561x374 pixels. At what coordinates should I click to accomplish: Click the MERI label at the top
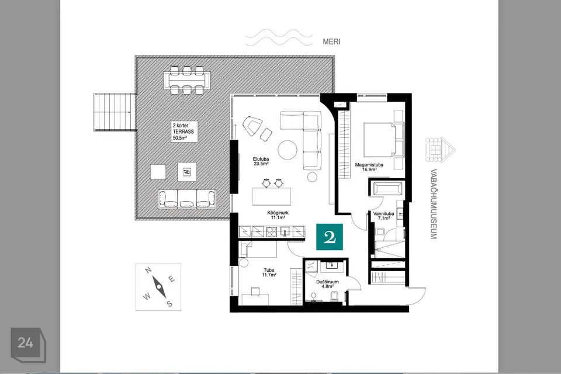[331, 41]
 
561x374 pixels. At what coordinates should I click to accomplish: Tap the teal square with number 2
[330, 237]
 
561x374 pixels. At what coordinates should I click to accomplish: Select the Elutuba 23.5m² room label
[261, 161]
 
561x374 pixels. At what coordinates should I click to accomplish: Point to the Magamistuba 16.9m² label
[369, 167]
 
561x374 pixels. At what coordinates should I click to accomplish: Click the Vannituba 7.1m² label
[383, 216]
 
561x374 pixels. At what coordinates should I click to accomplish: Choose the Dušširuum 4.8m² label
[327, 284]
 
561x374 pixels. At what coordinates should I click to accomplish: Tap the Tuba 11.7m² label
[269, 273]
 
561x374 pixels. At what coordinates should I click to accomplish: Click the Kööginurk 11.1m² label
[278, 215]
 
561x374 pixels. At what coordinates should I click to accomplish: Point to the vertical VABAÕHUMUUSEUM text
[433, 204]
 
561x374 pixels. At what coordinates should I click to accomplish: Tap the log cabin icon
[440, 150]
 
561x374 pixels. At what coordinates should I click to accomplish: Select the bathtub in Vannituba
[387, 188]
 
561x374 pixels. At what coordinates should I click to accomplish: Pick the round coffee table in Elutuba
[288, 149]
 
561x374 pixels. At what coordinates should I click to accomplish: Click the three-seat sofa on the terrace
[187, 199]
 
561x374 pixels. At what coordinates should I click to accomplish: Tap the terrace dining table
[187, 80]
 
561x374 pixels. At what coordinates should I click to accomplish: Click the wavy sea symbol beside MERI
[279, 37]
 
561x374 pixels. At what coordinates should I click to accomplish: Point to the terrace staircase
[115, 112]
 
